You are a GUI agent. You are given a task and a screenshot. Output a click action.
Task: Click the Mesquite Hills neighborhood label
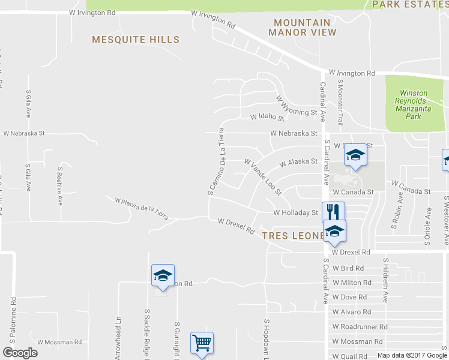coord(136,40)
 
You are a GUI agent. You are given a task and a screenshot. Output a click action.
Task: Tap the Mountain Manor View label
coord(302,27)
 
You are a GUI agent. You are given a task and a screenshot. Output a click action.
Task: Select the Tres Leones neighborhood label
coord(294,236)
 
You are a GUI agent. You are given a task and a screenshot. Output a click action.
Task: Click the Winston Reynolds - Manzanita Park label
coord(414,104)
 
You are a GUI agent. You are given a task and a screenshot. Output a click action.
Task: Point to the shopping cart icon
coord(202,343)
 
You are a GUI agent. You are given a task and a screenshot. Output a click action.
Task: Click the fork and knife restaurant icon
coord(333,211)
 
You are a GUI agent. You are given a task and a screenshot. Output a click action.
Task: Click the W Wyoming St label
coord(296,106)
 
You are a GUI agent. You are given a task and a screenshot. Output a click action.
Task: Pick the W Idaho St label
coord(267,117)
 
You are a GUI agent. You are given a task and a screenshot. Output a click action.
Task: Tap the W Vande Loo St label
coord(262,176)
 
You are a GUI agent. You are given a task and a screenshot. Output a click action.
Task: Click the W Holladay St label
coord(295,212)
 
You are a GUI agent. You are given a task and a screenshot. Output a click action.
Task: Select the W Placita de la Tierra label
coord(141,207)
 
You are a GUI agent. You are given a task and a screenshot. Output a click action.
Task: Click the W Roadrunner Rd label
coord(360,327)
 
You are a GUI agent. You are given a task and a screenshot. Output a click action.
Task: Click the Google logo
coord(20,353)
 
